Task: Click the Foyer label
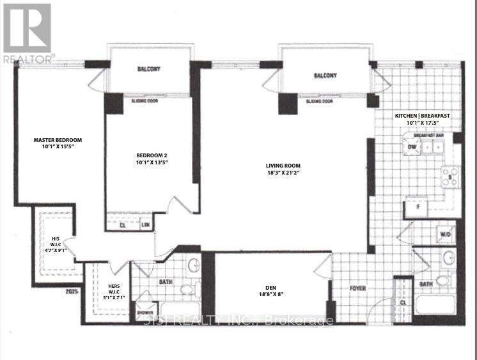point(357,288)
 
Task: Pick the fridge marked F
point(418,207)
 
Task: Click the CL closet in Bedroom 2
point(123,224)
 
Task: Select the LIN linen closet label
point(145,224)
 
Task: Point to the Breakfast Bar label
point(428,136)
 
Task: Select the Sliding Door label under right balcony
point(320,101)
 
